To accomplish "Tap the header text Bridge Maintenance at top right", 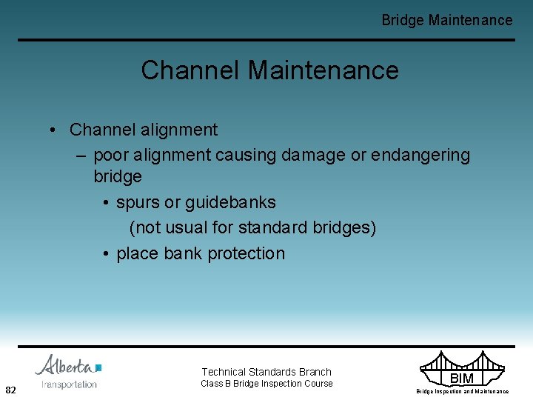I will click(446, 20).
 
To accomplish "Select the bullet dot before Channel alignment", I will click(55, 130).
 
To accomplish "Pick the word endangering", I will click(420, 155).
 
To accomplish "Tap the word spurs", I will click(138, 203).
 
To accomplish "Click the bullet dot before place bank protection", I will click(107, 254).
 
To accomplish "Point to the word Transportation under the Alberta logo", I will click(69, 384).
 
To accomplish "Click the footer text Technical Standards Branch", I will click(266, 372).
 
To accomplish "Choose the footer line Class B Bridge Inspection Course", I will click(266, 384).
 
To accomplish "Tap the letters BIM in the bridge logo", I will click(462, 379).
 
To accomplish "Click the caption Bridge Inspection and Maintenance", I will click(462, 391).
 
